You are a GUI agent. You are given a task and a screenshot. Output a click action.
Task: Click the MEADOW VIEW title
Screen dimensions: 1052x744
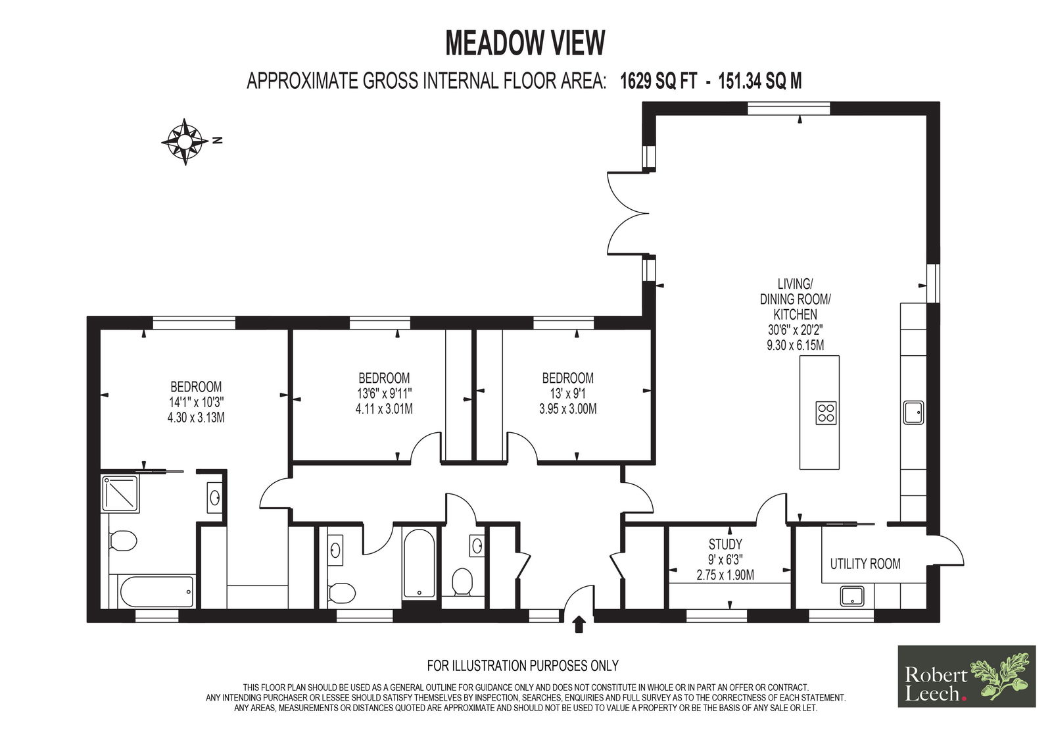[525, 43]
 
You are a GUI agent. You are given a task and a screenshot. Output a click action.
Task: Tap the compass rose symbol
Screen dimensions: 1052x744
[185, 141]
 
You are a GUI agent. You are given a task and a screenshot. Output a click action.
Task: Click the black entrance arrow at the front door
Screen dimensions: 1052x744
[579, 624]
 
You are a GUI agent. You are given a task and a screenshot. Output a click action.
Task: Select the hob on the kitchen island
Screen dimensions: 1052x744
[826, 412]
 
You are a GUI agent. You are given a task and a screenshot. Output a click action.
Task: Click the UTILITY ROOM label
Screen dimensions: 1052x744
[865, 564]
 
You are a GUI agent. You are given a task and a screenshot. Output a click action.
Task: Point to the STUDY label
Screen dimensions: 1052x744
[725, 544]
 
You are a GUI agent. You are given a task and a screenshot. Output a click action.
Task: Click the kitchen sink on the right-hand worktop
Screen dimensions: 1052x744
[913, 412]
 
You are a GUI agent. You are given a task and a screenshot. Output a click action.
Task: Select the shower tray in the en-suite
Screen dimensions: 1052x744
[120, 493]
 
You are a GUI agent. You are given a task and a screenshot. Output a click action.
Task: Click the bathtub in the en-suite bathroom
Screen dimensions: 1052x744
[157, 591]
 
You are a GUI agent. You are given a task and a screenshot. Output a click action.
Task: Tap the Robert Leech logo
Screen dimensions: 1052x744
[967, 676]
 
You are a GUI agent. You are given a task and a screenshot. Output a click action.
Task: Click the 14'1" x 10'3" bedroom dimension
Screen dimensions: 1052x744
[196, 403]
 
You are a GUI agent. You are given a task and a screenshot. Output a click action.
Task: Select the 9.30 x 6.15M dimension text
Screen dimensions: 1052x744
[795, 345]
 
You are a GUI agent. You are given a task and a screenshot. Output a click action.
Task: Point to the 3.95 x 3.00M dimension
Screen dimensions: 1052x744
[568, 409]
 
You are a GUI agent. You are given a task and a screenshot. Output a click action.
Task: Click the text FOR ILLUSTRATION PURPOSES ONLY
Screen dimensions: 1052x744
[523, 666]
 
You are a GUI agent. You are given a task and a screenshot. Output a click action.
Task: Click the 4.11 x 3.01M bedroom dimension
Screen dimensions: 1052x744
[384, 409]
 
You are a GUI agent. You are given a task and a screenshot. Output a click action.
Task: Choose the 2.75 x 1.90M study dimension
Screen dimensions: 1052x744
[725, 575]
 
